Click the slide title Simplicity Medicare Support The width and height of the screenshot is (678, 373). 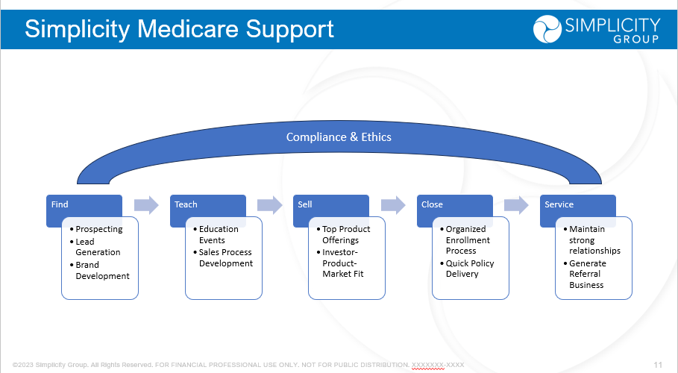[179, 29]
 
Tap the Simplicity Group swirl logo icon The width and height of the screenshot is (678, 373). [547, 29]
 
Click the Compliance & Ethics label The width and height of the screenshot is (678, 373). [339, 137]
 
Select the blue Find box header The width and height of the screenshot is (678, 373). [84, 204]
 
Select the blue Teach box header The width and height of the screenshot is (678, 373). [207, 204]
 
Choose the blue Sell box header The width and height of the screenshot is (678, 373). [330, 204]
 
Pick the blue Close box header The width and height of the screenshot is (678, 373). [454, 204]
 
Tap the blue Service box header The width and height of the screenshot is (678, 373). [577, 204]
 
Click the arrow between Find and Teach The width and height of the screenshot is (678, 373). [146, 205]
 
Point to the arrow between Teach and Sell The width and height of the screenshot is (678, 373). [269, 205]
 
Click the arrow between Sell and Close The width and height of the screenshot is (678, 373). [393, 205]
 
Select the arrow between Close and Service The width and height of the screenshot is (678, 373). [516, 205]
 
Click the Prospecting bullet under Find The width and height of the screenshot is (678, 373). [98, 229]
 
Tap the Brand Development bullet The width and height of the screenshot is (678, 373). [102, 270]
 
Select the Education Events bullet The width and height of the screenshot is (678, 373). [219, 234]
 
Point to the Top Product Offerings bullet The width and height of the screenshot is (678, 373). [345, 234]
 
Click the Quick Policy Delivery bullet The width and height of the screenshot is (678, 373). [470, 269]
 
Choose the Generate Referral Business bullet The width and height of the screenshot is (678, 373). [588, 274]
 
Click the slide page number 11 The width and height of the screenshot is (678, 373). [658, 365]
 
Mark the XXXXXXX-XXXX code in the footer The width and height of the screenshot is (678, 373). [438, 365]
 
